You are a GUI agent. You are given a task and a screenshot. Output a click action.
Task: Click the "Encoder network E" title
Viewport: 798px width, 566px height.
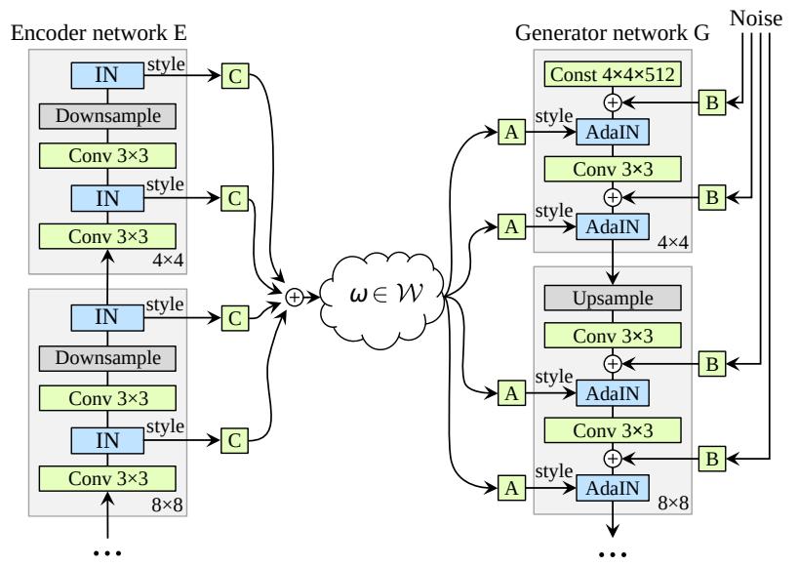99,33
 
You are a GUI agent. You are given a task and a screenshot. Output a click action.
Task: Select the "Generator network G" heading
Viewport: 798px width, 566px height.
613,33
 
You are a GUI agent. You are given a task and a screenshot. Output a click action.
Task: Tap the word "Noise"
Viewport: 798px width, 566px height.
756,19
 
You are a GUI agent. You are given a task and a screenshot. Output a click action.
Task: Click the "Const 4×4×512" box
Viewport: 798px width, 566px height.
613,74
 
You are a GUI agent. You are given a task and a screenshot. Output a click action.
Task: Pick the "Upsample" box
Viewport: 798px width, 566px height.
613,299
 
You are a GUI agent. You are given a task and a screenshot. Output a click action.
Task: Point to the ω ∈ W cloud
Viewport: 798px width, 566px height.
383,295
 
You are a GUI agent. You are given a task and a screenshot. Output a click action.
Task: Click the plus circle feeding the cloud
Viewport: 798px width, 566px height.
295,298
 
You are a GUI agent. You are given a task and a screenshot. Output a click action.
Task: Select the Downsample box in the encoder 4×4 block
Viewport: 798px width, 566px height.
108,116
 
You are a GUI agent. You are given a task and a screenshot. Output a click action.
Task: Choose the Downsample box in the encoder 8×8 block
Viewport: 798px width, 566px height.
108,358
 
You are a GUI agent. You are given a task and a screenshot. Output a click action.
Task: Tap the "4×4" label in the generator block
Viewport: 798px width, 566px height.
673,243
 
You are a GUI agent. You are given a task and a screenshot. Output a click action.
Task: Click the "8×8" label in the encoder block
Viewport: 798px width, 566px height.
167,505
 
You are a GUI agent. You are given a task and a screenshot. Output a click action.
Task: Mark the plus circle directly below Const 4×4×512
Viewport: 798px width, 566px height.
613,102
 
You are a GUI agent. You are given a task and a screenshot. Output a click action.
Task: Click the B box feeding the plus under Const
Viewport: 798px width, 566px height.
712,102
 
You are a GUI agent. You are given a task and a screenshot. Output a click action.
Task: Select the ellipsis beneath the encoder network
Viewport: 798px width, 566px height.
108,552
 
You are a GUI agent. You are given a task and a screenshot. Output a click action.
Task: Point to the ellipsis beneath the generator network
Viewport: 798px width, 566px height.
613,553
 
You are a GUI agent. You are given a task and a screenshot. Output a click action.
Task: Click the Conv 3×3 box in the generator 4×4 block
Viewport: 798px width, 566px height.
613,170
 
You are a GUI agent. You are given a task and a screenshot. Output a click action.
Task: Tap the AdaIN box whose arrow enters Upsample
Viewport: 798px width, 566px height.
613,227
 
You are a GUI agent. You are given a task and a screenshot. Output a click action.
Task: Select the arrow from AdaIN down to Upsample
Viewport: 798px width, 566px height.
613,262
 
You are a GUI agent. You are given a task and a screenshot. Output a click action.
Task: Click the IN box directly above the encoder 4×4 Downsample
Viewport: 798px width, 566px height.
107,75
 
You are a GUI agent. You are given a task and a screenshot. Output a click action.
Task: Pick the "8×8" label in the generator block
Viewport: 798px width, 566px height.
673,504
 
